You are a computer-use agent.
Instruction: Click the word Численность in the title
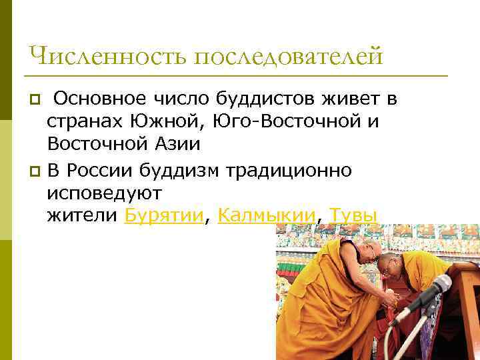click(x=107, y=56)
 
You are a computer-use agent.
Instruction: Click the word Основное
click(x=99, y=99)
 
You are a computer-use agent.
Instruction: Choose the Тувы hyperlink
click(x=354, y=215)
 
